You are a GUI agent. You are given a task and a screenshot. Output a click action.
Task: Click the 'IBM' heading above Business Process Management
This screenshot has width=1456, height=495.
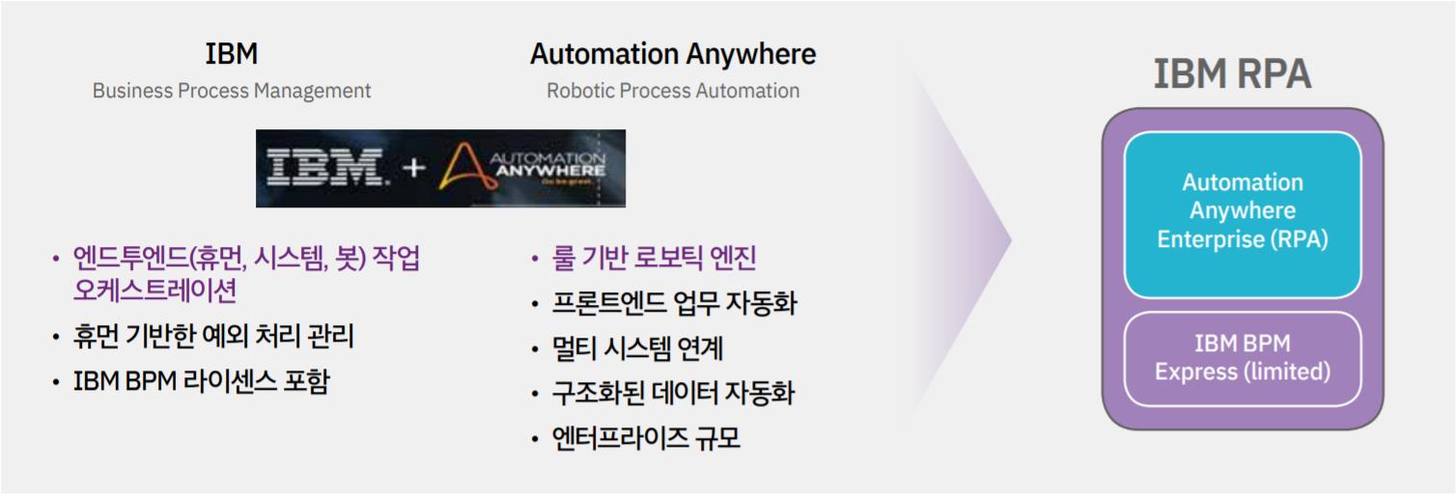[232, 53]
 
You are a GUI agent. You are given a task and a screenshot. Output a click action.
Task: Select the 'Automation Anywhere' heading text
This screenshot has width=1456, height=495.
[673, 54]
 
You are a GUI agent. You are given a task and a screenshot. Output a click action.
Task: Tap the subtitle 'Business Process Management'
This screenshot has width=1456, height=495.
[232, 91]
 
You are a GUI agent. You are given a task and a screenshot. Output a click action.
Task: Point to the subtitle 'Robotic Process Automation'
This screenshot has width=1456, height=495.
[673, 91]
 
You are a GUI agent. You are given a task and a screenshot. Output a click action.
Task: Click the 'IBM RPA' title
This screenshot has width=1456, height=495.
[1232, 73]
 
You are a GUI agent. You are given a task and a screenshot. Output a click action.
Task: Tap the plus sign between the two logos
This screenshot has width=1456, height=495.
[413, 168]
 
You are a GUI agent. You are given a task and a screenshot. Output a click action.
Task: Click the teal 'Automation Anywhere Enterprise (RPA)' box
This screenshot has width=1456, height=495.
[1243, 215]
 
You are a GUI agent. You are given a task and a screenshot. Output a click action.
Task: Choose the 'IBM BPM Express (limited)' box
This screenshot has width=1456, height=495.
[1243, 359]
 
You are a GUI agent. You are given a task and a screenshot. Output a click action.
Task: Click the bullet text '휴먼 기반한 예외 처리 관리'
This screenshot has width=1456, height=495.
[213, 336]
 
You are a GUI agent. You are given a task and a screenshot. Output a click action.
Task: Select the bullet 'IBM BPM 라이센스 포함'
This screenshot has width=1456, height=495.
[202, 381]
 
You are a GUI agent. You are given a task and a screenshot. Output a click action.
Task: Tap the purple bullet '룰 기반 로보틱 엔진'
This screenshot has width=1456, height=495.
[654, 258]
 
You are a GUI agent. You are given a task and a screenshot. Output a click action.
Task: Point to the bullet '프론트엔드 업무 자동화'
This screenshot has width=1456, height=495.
[675, 303]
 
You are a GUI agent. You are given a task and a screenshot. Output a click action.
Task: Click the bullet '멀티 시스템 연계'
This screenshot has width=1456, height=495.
[637, 348]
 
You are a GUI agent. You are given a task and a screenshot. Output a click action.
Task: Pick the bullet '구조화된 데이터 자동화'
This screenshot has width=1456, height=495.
[673, 393]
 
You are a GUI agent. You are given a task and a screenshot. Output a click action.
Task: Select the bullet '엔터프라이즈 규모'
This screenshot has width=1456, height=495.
[646, 438]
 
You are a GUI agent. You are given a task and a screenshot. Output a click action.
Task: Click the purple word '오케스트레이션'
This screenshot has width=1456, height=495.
[154, 289]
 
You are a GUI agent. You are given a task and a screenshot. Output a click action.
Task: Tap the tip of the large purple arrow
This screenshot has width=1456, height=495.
[1012, 240]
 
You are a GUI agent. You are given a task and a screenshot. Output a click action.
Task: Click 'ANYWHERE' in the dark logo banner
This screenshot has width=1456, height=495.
[550, 171]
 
